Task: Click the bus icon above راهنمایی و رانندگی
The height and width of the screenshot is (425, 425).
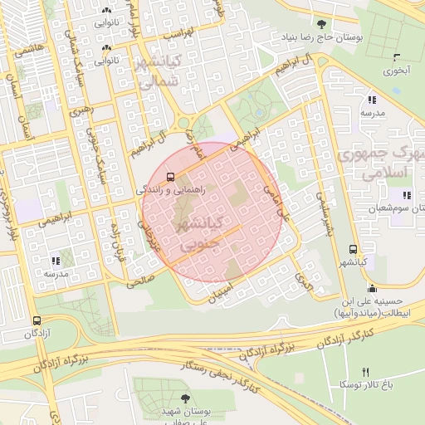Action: point(170,177)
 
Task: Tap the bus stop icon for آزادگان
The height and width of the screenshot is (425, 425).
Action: point(37,320)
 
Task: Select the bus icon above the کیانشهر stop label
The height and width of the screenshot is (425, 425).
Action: point(354,249)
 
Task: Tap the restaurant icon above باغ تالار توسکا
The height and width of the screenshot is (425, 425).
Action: point(364,371)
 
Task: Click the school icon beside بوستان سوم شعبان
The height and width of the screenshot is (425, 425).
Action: point(407,195)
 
